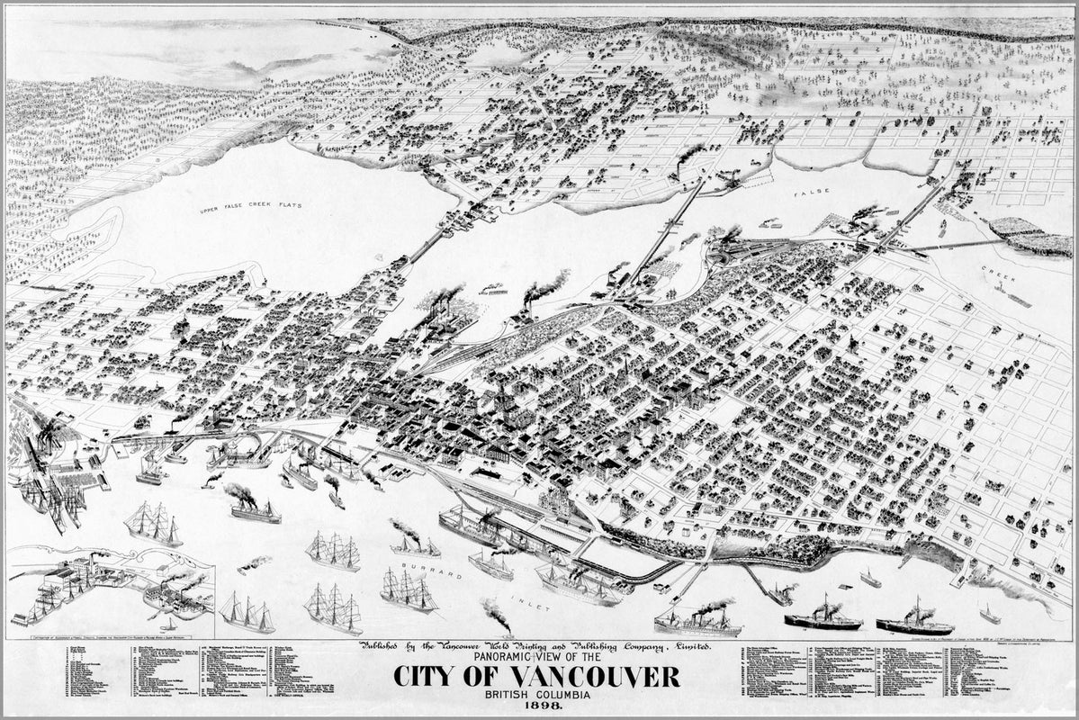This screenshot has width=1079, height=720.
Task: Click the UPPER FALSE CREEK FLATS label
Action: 251,206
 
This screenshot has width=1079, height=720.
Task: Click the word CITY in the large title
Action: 428,677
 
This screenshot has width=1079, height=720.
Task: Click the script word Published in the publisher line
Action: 388,646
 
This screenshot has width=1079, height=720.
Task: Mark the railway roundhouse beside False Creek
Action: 738,247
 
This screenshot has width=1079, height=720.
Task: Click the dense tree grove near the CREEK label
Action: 1030,236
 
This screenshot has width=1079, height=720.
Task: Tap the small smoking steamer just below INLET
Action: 497,620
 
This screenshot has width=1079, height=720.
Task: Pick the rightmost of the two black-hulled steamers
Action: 913,623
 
